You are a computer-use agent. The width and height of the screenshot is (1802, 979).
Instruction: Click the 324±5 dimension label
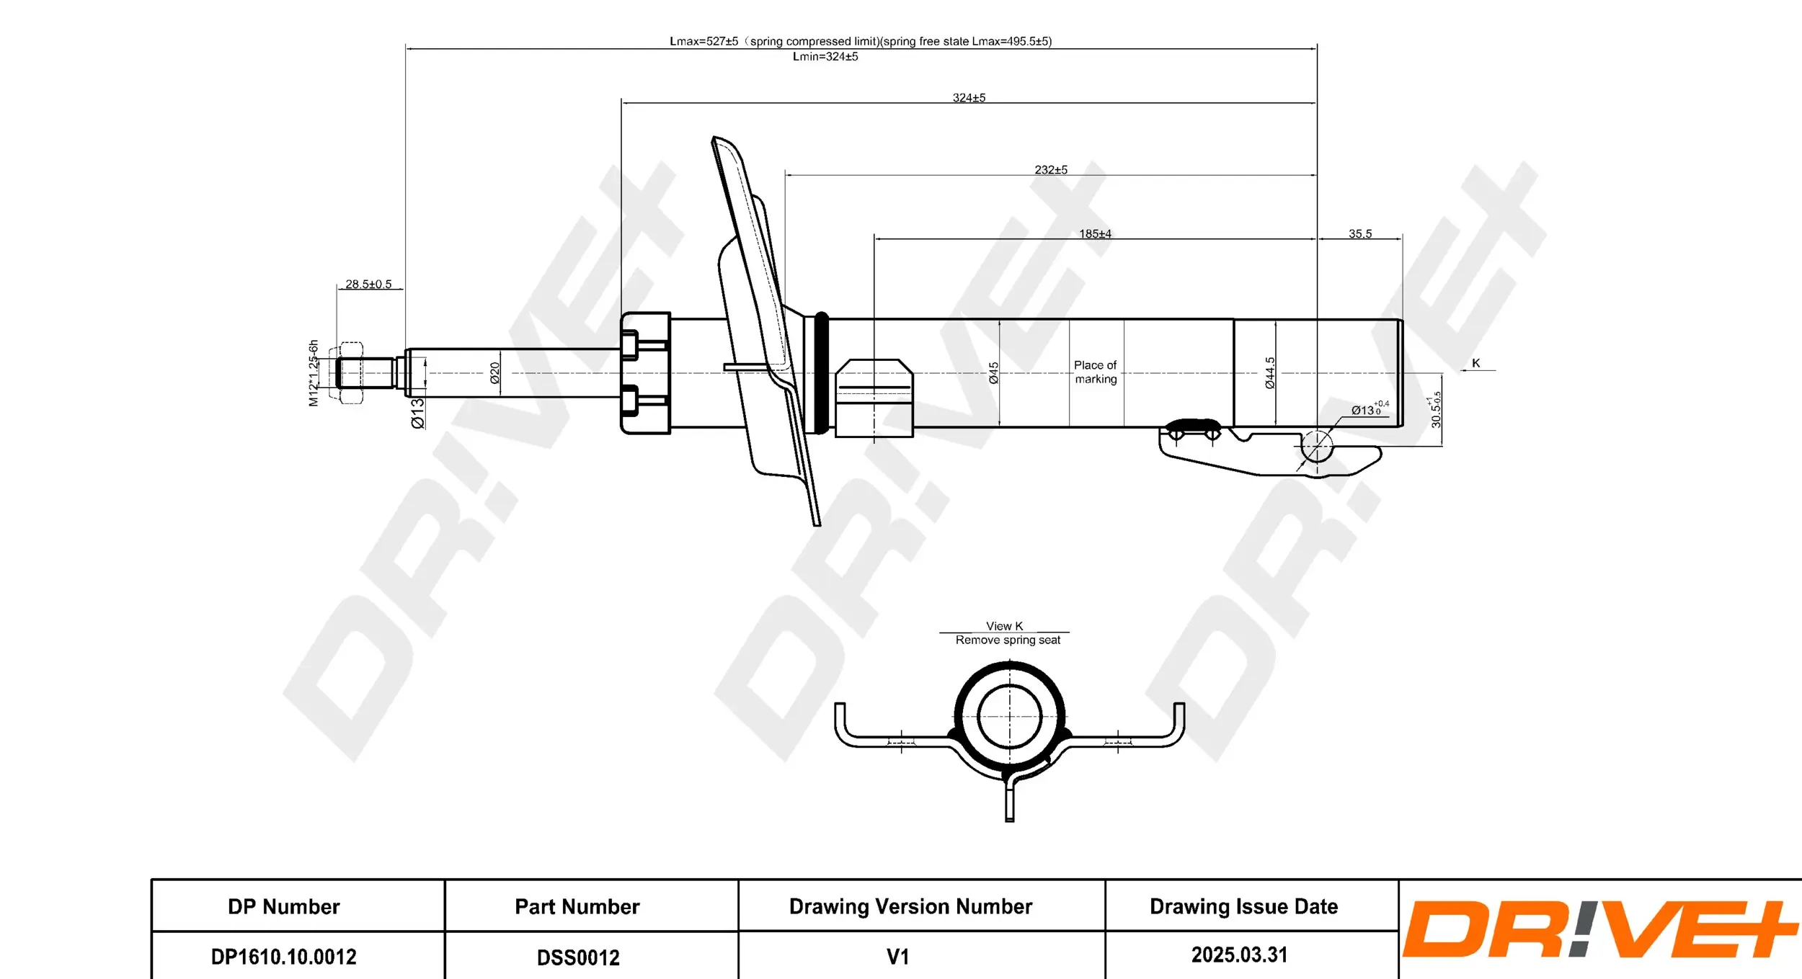tap(969, 97)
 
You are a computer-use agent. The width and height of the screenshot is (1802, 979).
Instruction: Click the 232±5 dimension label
tap(1051, 169)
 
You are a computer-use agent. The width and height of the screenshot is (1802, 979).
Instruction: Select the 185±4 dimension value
tap(1095, 233)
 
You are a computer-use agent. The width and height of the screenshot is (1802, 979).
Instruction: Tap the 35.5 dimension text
tap(1360, 233)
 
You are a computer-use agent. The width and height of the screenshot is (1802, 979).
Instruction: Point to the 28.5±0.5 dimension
tap(368, 284)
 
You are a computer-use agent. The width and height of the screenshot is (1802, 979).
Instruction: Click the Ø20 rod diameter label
tap(495, 372)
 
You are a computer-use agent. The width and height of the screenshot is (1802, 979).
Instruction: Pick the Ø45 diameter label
tap(994, 372)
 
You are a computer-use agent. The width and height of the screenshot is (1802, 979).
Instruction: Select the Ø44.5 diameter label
tap(1270, 372)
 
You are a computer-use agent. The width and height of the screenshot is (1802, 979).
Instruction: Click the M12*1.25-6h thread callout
tap(314, 372)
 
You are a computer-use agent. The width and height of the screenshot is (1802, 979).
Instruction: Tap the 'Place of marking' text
tap(1096, 372)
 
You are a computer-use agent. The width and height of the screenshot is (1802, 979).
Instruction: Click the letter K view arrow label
tap(1475, 363)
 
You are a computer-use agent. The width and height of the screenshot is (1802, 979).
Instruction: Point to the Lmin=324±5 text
tap(825, 56)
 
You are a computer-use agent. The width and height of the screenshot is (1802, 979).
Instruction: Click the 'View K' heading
tap(1004, 626)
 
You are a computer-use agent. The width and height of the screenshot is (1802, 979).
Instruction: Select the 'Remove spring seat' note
tap(1008, 640)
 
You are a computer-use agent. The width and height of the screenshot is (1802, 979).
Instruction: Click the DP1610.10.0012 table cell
tap(283, 957)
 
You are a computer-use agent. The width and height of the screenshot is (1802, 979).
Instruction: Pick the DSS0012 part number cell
tap(578, 957)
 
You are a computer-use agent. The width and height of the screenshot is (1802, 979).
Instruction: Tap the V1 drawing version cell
tap(897, 957)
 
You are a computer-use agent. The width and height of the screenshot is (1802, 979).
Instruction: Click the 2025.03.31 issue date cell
tap(1239, 955)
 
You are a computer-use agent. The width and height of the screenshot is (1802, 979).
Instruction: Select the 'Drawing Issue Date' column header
tap(1243, 906)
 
